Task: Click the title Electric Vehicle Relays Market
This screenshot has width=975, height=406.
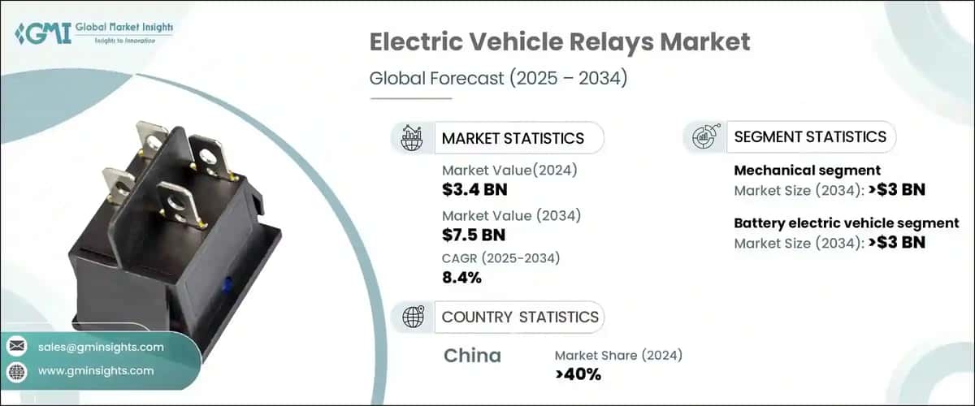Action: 560,43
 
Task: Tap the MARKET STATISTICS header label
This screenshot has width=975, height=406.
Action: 512,138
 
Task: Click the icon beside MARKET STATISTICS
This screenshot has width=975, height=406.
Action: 413,138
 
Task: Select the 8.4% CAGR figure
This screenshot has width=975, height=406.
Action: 461,278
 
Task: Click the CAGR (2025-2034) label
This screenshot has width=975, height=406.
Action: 500,258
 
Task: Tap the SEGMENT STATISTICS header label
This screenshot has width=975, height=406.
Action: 809,136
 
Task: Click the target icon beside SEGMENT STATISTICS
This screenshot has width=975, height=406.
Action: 704,137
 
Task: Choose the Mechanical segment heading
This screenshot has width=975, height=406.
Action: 807,171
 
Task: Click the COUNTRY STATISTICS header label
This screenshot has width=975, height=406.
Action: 520,317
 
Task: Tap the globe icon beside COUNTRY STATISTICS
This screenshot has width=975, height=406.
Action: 413,317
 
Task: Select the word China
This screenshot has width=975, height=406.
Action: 472,356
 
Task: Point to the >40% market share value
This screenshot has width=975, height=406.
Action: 578,374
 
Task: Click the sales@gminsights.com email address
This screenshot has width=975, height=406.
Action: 101,347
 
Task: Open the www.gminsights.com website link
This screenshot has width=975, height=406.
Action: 96,370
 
